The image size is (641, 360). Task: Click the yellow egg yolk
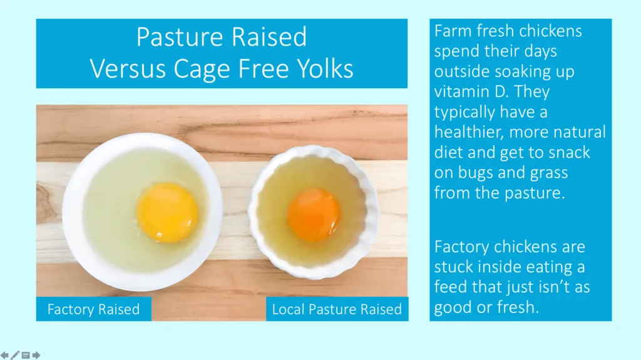168,213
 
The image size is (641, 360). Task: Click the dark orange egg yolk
314,215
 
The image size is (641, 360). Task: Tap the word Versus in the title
128,68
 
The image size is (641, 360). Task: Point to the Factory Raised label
94,309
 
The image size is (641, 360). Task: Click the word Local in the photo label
288,309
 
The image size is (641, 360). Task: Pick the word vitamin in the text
461,91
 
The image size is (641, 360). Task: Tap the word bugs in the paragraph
476,173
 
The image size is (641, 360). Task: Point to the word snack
570,152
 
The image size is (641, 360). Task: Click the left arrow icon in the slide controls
4,355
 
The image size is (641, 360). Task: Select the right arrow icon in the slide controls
36,355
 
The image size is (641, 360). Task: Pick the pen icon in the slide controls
15,355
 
